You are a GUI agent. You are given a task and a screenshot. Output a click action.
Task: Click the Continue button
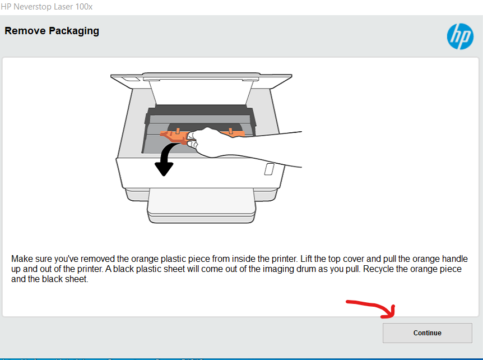(427, 333)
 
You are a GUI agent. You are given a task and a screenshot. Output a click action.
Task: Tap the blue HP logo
(460, 36)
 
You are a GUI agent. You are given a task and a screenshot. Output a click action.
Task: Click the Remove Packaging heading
(52, 31)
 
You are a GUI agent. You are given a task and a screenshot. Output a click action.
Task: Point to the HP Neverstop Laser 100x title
(47, 7)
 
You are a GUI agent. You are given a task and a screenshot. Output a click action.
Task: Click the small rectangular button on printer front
(269, 169)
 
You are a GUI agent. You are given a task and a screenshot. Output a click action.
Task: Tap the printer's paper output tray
(202, 205)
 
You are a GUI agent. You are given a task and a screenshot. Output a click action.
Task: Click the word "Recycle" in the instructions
(378, 269)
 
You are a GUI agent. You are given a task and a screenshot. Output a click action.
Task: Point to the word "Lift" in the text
(306, 259)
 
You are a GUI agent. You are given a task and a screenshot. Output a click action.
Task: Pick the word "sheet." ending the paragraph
(76, 279)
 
